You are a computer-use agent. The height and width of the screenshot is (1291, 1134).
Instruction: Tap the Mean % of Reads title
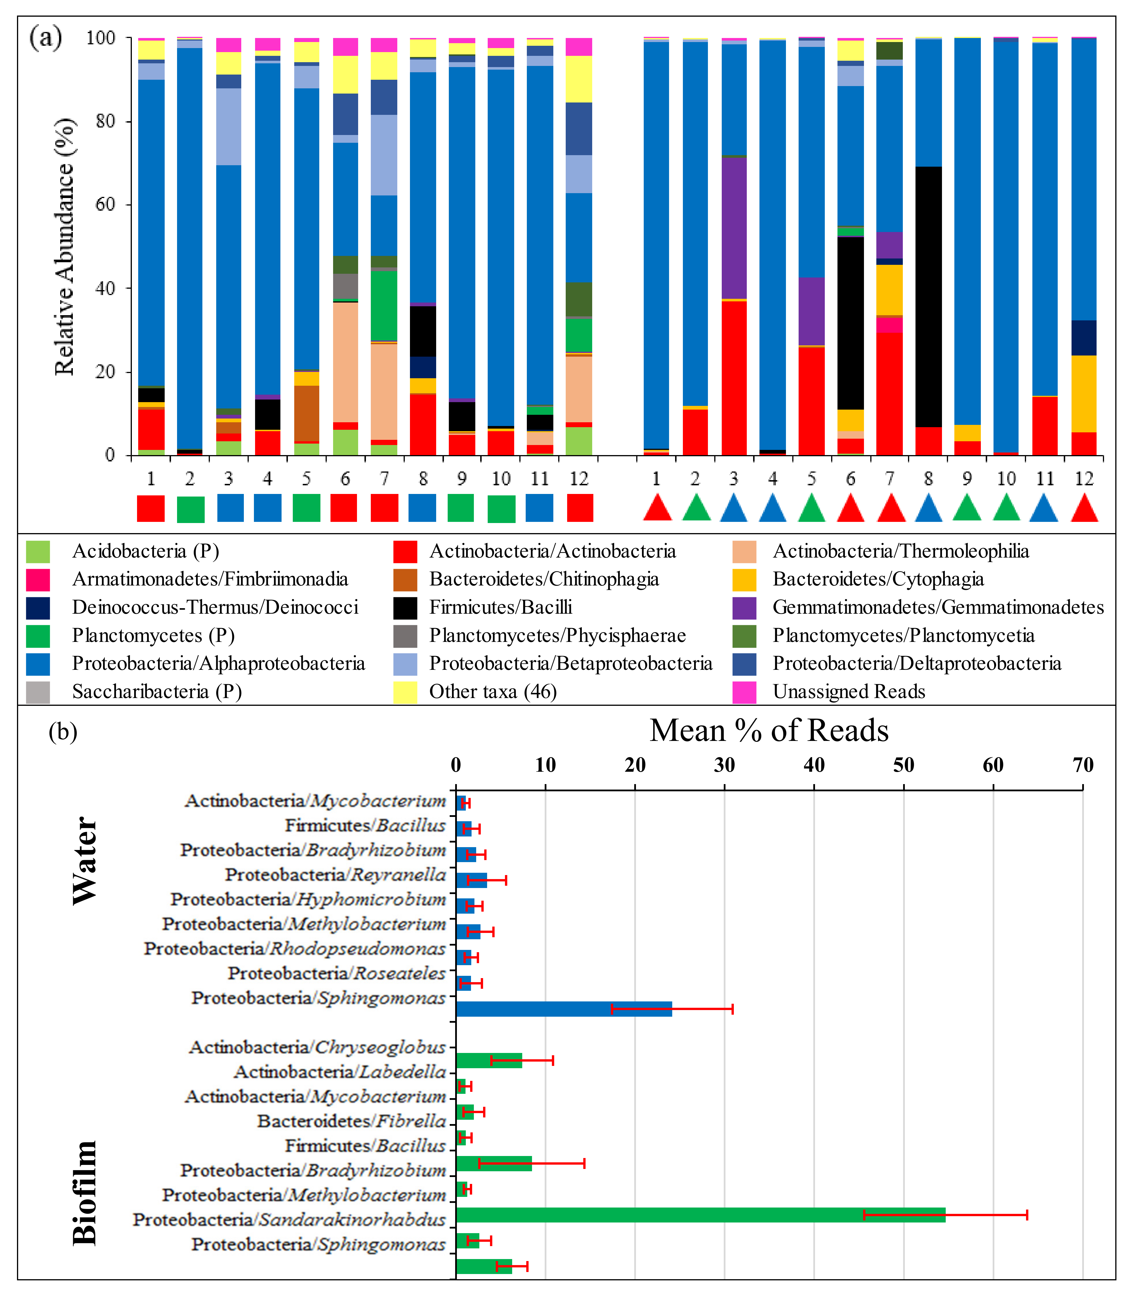pos(769,731)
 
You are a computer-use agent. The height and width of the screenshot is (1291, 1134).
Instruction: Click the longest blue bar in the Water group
pos(563,1009)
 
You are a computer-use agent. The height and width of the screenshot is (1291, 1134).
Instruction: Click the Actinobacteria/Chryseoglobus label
pos(317,1047)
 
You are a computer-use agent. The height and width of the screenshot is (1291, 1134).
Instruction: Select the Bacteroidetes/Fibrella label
pos(351,1121)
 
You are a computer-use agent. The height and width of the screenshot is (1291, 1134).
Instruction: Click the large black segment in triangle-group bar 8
pos(928,297)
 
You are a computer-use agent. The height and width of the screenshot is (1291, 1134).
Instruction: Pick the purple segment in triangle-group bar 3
pos(734,227)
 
